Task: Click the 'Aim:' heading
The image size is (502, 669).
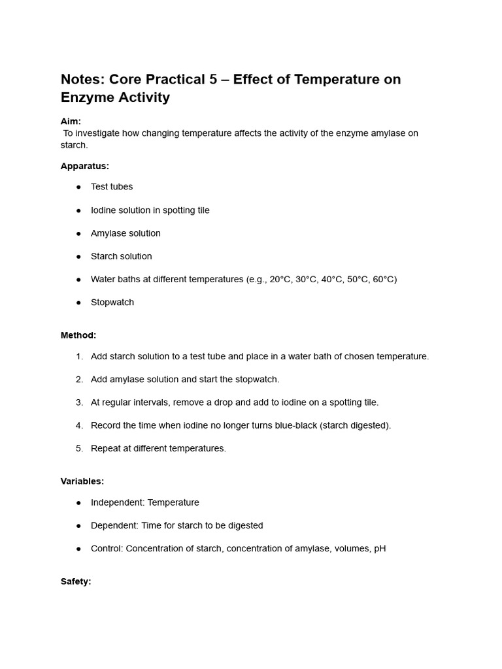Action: click(x=71, y=122)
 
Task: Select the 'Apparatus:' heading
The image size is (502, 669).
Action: click(x=85, y=166)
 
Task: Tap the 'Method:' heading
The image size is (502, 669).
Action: click(x=78, y=335)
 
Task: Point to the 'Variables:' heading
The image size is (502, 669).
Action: click(x=82, y=481)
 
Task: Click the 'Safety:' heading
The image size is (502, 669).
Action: click(x=76, y=581)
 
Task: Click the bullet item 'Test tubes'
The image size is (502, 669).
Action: click(x=112, y=187)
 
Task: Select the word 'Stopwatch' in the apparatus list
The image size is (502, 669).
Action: click(x=112, y=302)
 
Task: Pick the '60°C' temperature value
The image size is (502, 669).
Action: click(x=382, y=280)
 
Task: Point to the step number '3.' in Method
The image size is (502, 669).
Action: click(x=79, y=402)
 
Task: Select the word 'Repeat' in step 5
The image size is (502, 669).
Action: click(x=106, y=449)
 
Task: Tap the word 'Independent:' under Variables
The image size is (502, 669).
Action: click(x=118, y=503)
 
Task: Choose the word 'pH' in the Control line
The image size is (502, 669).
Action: click(x=380, y=549)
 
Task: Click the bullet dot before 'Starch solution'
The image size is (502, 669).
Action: click(x=78, y=257)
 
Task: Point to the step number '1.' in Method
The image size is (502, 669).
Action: click(x=79, y=357)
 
